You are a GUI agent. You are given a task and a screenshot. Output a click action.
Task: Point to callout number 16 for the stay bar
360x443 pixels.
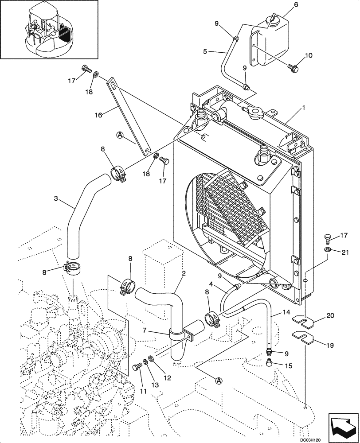[98, 115]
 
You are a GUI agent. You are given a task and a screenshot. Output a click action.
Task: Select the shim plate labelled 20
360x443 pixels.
[305, 318]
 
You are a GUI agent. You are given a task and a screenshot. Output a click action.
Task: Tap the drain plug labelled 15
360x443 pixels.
[269, 364]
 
